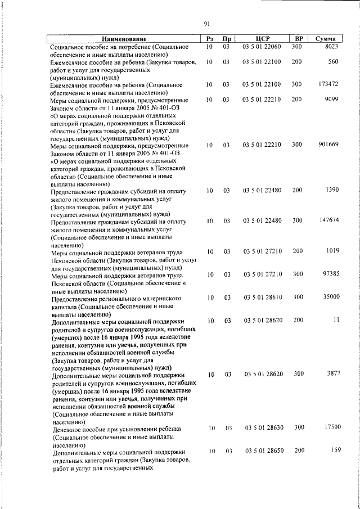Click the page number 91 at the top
207,23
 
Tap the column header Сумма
326,39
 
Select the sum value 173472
328,84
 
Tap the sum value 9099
332,100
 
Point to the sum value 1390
332,191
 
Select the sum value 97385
330,274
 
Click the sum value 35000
330,297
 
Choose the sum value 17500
332,428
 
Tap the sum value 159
336,451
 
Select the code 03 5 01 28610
262,297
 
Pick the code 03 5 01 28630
264,428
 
